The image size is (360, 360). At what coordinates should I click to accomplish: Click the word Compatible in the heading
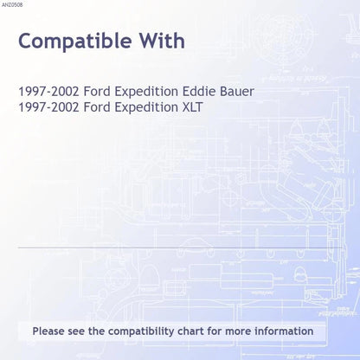coord(75,42)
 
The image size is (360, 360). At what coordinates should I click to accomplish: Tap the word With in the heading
coord(162,40)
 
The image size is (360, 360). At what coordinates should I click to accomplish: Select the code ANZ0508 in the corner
coord(12,5)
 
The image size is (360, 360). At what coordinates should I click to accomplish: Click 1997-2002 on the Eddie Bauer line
coord(48,91)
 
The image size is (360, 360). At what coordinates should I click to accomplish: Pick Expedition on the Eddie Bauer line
coord(146,92)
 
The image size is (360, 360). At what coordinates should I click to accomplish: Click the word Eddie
coord(199,91)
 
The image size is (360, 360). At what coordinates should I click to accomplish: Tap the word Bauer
coord(237,91)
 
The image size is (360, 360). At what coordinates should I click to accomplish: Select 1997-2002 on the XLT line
coord(48,107)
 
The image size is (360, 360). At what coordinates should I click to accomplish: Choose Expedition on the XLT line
coord(146,108)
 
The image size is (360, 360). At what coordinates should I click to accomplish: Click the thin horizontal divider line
coord(180,247)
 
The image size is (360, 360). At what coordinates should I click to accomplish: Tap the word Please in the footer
coord(48,331)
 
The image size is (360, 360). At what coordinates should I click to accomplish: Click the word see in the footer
coord(76,331)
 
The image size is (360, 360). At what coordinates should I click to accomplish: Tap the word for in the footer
coord(215,331)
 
